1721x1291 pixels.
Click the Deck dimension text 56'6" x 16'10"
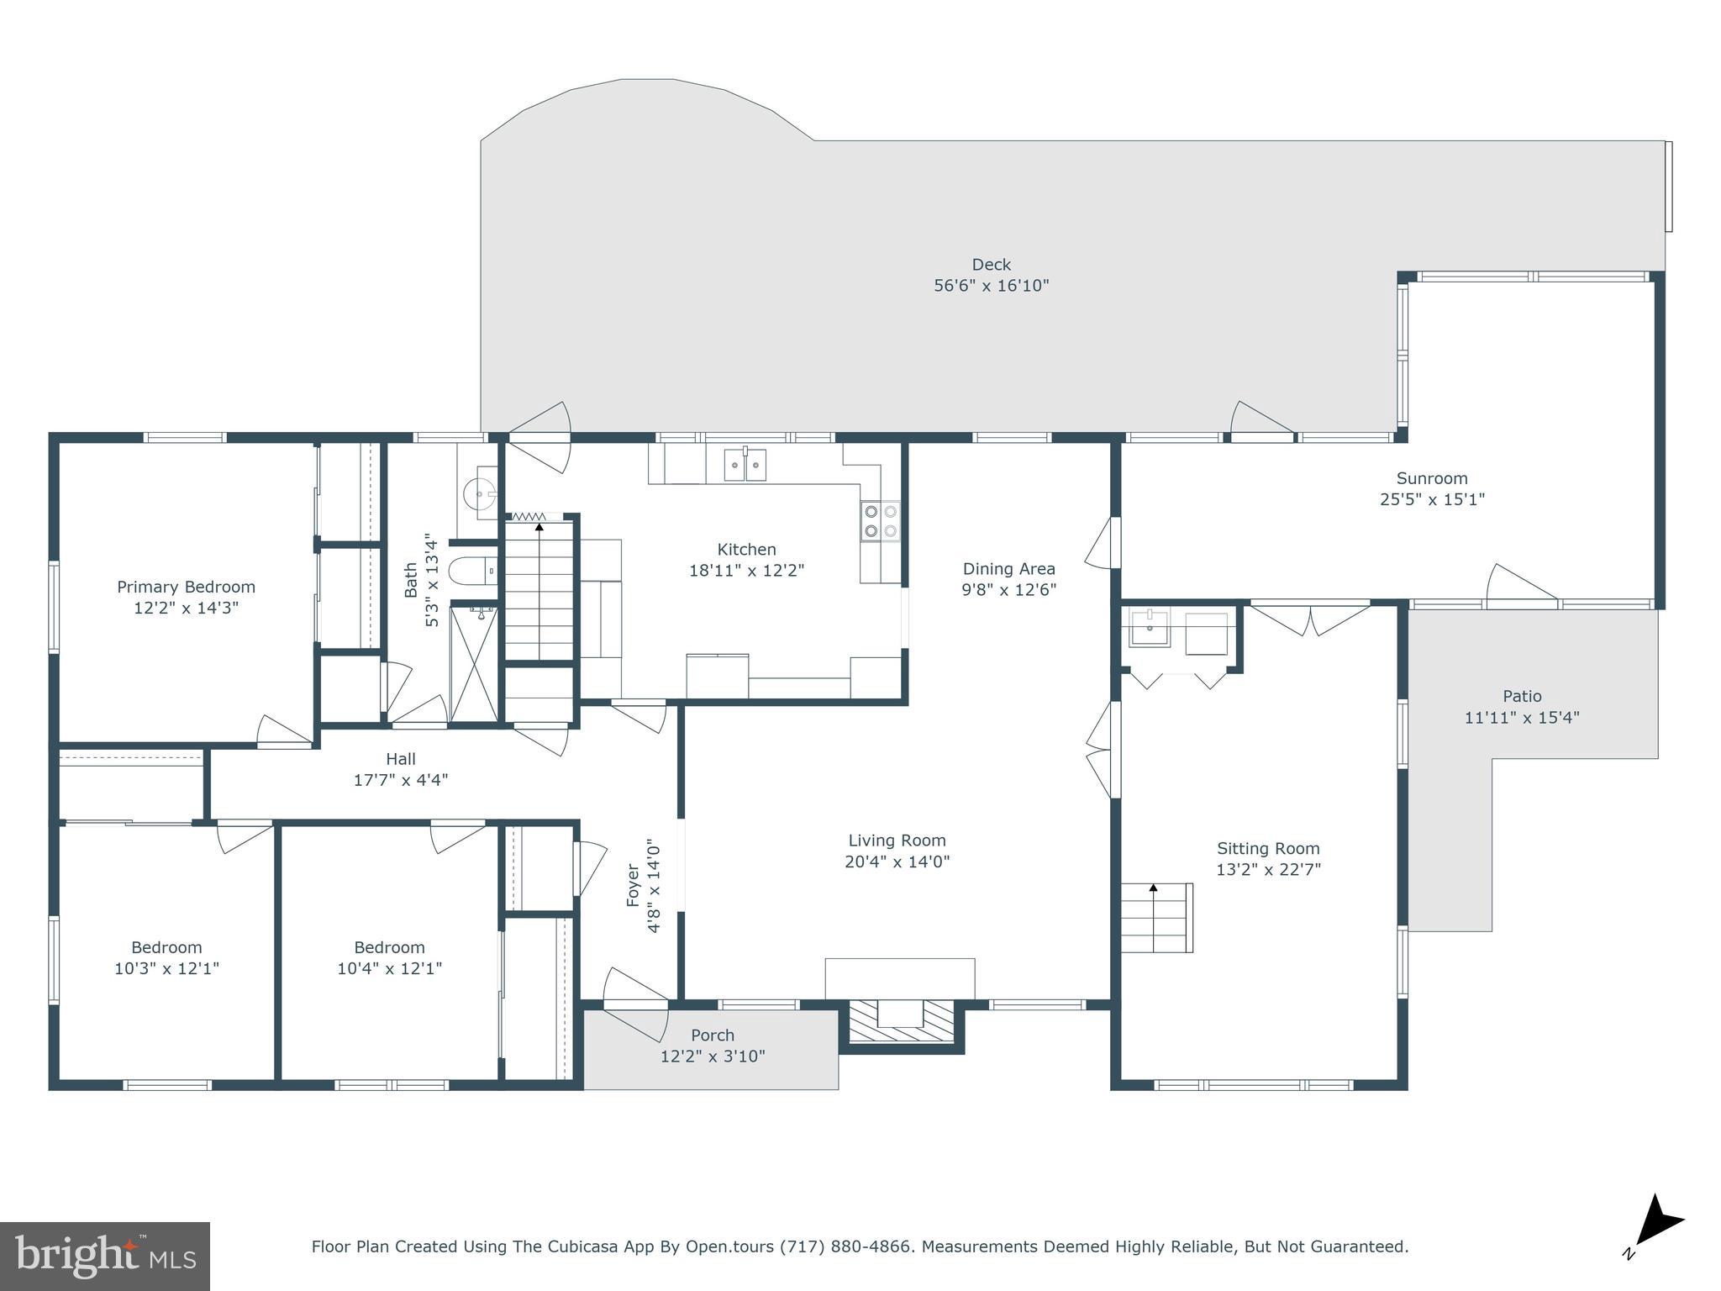992,286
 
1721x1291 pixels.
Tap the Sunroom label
1432,478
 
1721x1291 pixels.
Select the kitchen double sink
745,465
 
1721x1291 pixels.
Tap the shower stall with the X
474,663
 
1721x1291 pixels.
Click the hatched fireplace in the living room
900,1023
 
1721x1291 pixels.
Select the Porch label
713,1035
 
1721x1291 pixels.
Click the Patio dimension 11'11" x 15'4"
1522,718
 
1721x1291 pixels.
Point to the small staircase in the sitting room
1158,918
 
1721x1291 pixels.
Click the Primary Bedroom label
186,587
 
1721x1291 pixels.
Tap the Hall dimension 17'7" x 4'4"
401,780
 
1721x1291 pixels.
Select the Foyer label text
634,885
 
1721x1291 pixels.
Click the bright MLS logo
105,1256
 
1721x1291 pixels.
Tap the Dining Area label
1008,569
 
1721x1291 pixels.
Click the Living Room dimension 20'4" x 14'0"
897,862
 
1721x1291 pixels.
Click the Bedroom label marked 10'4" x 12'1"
389,947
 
